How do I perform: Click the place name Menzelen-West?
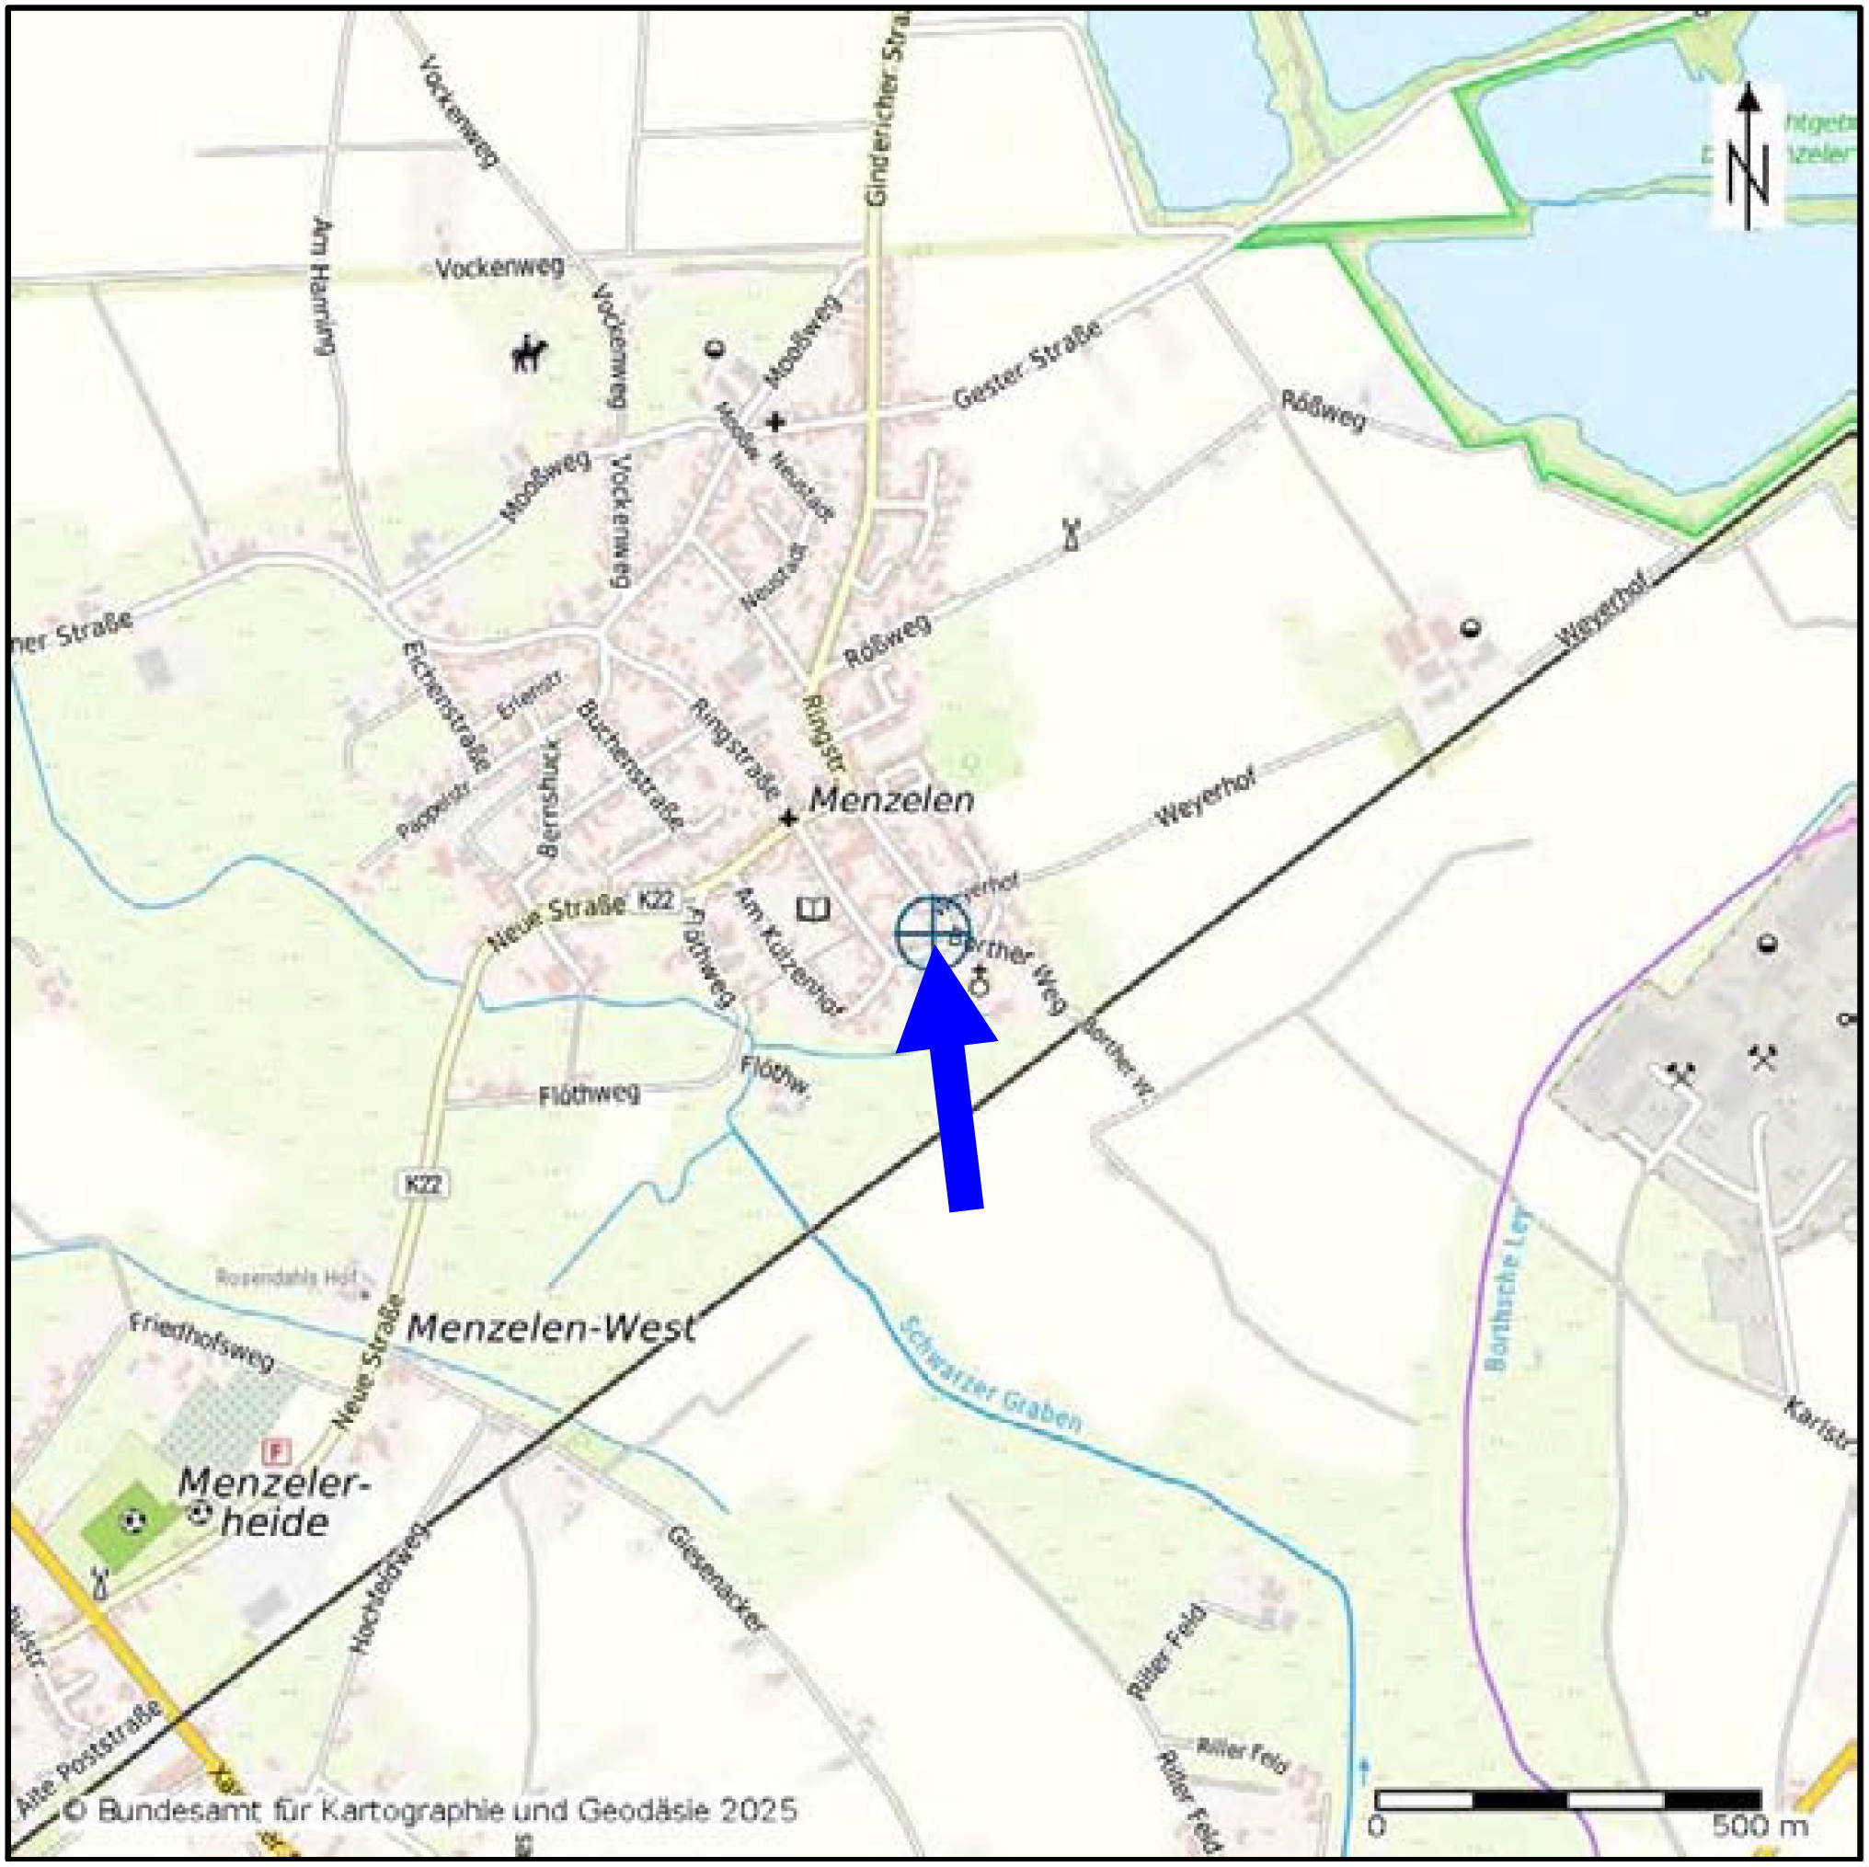(550, 1327)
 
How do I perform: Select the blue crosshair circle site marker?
(932, 933)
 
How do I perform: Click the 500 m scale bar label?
(1760, 1826)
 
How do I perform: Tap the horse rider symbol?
(529, 353)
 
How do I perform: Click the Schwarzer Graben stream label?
(990, 1375)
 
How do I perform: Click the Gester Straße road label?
(1027, 365)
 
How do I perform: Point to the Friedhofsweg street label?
(202, 1342)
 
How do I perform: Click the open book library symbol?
(812, 910)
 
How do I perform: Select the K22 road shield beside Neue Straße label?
(655, 899)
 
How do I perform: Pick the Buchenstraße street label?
(630, 765)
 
